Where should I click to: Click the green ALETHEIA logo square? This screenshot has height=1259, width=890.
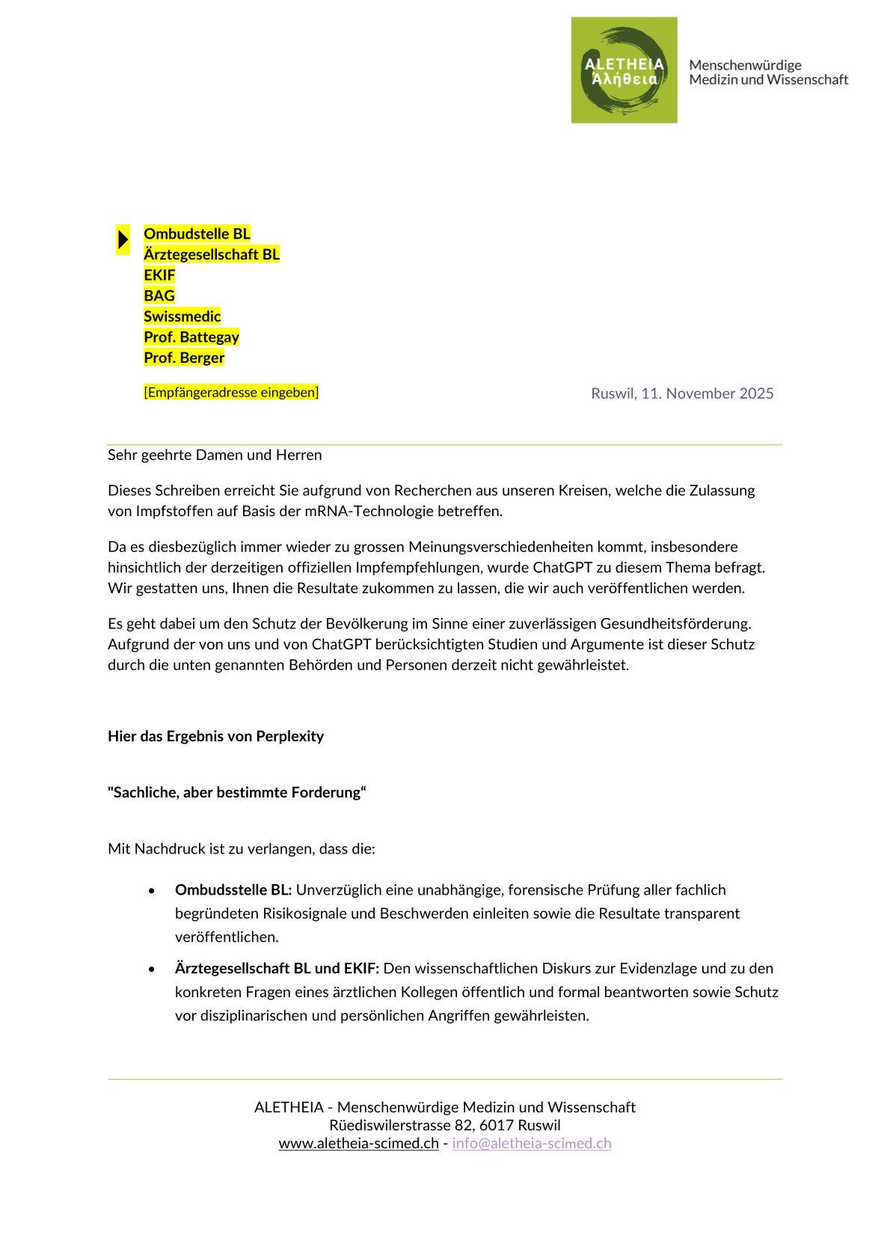pos(624,70)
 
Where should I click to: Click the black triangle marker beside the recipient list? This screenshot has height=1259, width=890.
pos(123,240)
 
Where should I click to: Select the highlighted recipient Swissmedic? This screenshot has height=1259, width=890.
pos(182,316)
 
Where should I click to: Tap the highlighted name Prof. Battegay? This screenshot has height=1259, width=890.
pos(191,337)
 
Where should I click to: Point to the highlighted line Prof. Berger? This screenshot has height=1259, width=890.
pos(184,358)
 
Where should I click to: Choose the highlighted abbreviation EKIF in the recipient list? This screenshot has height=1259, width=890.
pos(159,275)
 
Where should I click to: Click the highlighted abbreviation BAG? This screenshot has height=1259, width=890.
pos(159,296)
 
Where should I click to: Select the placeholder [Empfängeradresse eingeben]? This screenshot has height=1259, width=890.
pos(231,392)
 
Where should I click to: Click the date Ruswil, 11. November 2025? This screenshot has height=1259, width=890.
pos(682,393)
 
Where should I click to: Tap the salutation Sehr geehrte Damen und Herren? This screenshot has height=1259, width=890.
pos(215,455)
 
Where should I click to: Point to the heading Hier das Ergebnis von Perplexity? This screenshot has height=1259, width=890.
pos(215,736)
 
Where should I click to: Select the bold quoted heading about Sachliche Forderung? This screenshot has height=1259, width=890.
pos(237,792)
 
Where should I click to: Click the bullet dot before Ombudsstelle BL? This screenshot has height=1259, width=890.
pos(152,891)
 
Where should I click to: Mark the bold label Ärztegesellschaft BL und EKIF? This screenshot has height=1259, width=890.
pos(277,969)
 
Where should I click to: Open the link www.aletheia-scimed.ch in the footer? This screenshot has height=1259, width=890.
pos(358,1144)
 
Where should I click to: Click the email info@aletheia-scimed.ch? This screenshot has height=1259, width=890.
pos(532,1144)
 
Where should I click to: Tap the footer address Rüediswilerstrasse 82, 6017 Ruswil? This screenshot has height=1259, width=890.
pos(445,1125)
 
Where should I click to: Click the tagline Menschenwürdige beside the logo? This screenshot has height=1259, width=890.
pos(745,65)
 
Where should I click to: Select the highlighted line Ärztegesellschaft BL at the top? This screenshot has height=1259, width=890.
pos(212,254)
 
